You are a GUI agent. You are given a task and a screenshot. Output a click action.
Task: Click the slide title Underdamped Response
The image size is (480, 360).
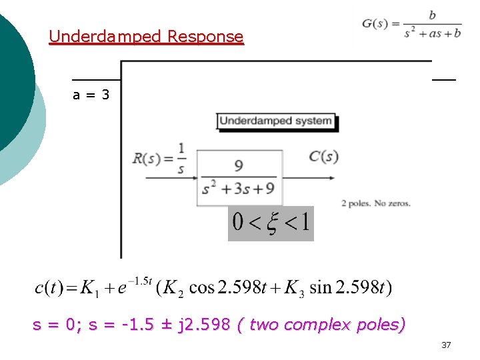pos(146,36)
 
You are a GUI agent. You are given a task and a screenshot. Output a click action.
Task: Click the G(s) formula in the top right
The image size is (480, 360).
pos(411,24)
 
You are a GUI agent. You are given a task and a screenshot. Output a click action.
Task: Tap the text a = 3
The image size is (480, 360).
pos(91,95)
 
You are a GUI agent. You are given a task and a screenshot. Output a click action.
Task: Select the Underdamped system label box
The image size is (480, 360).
pos(276,121)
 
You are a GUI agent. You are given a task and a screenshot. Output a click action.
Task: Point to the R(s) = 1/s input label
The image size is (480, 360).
pos(160,157)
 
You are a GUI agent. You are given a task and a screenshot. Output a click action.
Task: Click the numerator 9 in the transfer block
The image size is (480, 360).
pos(238,165)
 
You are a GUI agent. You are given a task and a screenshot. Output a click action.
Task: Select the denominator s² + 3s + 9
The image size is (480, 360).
pos(239,189)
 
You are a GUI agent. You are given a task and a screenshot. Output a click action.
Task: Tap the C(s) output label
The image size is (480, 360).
pos(323,157)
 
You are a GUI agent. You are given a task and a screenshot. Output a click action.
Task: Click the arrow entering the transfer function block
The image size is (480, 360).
pos(171,178)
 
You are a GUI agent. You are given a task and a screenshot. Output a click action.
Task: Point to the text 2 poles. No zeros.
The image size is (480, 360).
pos(375,203)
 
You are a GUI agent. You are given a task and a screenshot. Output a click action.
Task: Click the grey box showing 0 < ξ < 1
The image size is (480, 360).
pos(271,223)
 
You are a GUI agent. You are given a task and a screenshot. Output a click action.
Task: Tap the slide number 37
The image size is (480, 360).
pos(446,345)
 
